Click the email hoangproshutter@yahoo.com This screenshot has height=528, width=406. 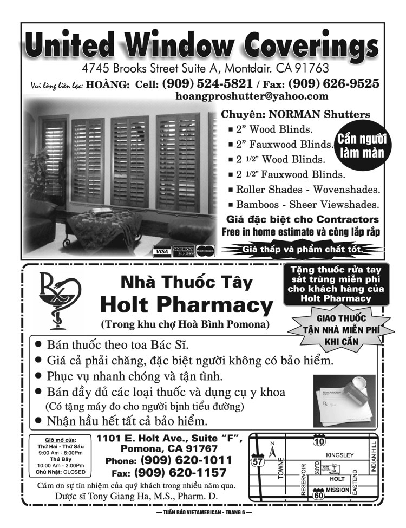pyautogui.click(x=252, y=96)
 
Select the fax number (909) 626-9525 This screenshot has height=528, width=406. pyautogui.click(x=333, y=84)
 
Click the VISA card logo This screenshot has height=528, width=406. pyautogui.click(x=161, y=251)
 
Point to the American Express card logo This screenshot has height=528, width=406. pyautogui.click(x=183, y=251)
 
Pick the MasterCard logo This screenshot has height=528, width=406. pyautogui.click(x=205, y=251)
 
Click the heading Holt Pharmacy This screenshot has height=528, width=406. pyautogui.click(x=187, y=306)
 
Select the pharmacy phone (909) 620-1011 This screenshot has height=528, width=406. pyautogui.click(x=187, y=460)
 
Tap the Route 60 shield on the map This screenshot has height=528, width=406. pyautogui.click(x=318, y=494)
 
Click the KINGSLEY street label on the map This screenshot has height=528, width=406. pyautogui.click(x=340, y=455)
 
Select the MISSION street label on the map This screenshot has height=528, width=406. pyautogui.click(x=338, y=490)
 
